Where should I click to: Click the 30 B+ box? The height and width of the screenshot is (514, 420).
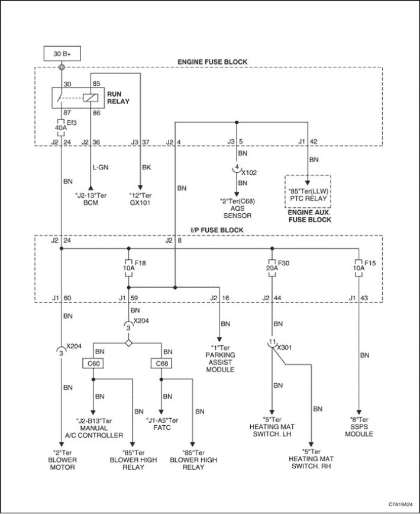pos(62,53)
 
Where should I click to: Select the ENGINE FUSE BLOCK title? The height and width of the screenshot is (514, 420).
pos(212,62)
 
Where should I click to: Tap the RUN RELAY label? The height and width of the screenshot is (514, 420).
pos(118,98)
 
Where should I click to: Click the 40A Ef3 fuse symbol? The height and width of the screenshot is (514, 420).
pos(61,127)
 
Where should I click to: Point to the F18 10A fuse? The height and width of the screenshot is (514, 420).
pos(128,268)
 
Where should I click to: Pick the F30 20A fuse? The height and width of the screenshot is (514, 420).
pos(272,268)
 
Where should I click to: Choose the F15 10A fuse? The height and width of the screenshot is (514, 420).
pos(359,268)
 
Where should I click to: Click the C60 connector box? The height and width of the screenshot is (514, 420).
pos(93,364)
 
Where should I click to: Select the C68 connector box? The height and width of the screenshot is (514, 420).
pos(161,364)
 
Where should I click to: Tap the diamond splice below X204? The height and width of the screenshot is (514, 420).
pos(128,343)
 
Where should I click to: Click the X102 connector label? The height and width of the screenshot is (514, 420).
pos(249,173)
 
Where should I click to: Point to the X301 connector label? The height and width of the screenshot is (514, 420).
pos(284,348)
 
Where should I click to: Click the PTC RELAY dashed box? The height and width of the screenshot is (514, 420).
pos(308,191)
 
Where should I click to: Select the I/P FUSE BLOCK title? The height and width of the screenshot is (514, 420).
pos(217,230)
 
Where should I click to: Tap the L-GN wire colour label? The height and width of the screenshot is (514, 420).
pos(100,168)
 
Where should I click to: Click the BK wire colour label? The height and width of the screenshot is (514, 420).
pos(146,168)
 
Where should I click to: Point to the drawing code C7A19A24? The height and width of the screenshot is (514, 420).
pos(400,504)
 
